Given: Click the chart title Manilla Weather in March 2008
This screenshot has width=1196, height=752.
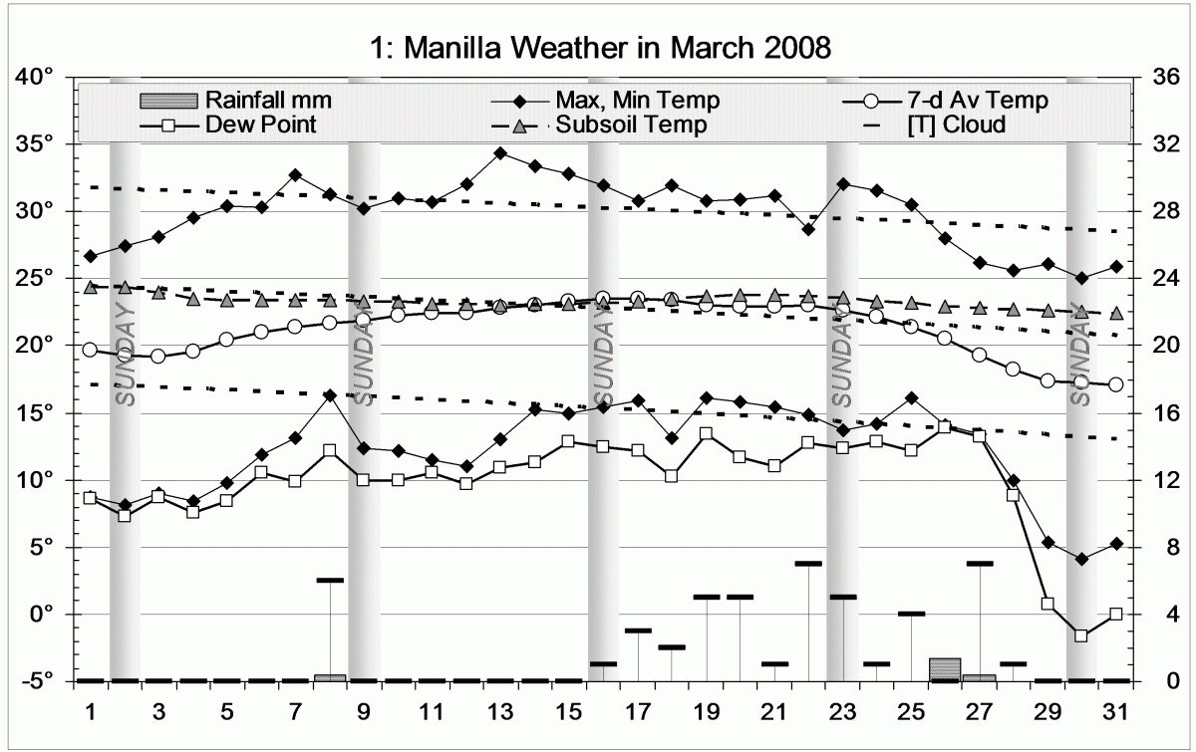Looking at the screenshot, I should (598, 48).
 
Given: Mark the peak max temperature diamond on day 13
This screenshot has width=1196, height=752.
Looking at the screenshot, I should (500, 153).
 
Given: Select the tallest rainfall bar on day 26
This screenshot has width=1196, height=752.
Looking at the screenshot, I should (945, 669).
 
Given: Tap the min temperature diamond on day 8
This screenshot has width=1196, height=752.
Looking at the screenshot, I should (330, 395).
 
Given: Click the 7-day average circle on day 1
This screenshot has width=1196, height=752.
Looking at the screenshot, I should (91, 350).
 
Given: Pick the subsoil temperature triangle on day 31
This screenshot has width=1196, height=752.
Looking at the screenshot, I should (1116, 313).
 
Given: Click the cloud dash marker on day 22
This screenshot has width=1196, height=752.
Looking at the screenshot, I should (808, 564).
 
